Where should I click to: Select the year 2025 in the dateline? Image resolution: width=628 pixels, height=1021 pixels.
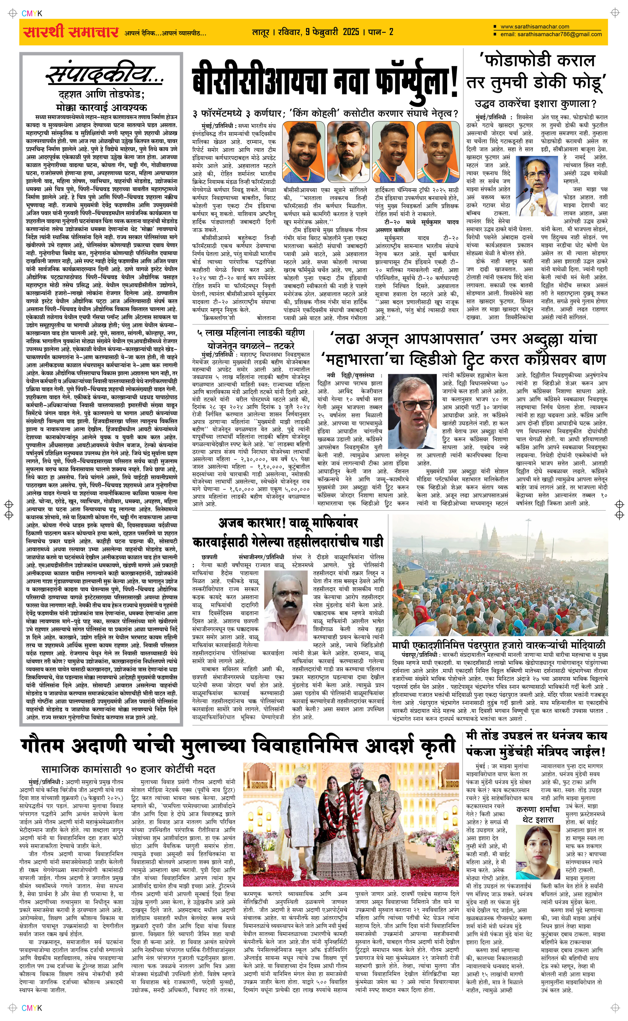pos(351,32)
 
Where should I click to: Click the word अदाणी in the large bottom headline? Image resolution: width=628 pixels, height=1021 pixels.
pos(99,745)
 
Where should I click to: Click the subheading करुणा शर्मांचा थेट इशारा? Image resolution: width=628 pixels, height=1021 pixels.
pos(538,814)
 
